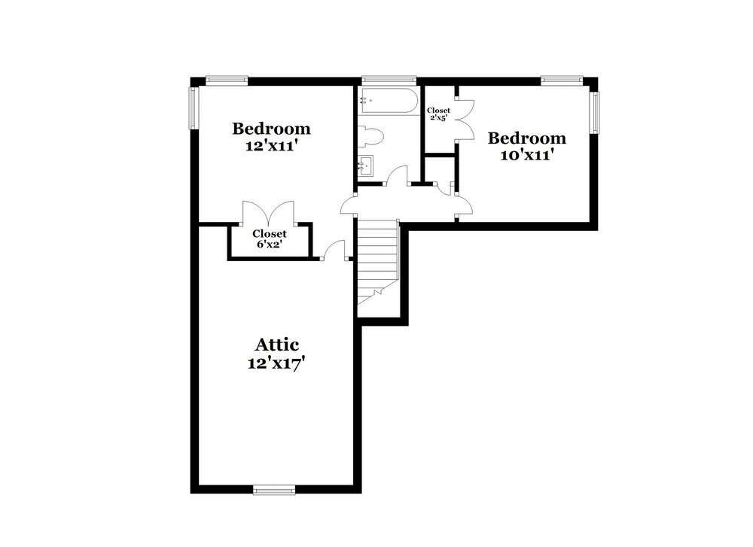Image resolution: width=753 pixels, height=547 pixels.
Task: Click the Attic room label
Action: point(276,345)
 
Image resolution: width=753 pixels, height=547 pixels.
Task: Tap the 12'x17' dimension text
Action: point(276,363)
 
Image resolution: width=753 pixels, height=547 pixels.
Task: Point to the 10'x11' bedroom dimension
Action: point(528,156)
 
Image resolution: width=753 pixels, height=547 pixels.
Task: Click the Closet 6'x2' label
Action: point(270,239)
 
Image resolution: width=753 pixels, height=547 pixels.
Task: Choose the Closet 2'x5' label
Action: point(438,114)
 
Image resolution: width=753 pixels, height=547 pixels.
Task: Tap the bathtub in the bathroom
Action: point(389,100)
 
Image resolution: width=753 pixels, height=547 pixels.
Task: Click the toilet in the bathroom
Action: point(370,136)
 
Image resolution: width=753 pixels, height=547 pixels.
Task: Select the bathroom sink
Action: point(367,166)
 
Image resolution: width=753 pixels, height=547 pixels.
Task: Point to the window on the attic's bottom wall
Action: point(274,490)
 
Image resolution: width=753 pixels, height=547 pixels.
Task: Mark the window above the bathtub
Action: point(389,81)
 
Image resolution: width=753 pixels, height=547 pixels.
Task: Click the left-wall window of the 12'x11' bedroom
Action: point(194,108)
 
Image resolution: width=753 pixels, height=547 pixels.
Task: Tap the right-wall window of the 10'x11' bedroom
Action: point(595,112)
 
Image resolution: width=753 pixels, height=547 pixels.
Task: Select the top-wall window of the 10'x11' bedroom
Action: point(562,81)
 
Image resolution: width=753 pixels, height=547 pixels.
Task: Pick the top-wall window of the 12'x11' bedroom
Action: point(227,81)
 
